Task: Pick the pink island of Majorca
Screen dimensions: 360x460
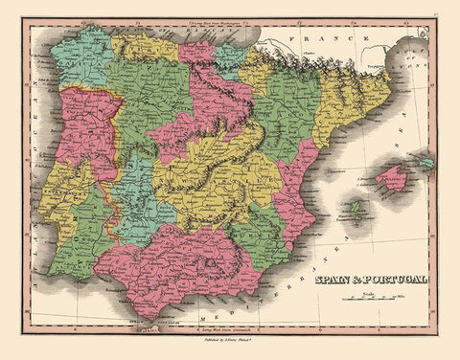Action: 392,178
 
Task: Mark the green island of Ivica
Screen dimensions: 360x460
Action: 356,208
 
